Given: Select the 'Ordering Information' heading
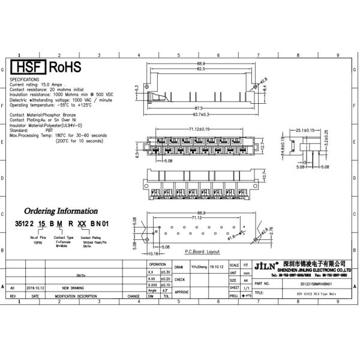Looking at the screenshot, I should tap(61, 211).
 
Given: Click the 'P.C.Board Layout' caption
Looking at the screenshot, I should tap(202, 251).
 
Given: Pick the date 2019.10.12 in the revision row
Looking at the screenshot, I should tap(36, 288).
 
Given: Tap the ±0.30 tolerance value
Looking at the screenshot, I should tap(166, 272).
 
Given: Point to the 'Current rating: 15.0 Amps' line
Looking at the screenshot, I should tap(40, 85).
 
